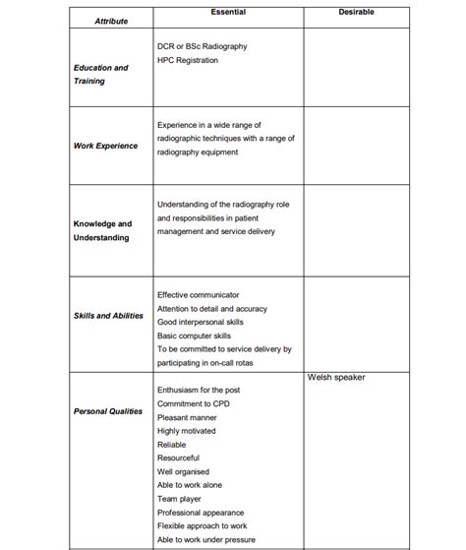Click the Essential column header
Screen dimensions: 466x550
pyautogui.click(x=228, y=12)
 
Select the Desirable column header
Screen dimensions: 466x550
pyautogui.click(x=356, y=12)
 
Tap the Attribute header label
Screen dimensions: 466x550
pyautogui.click(x=110, y=21)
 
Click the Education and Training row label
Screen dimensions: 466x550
pyautogui.click(x=100, y=75)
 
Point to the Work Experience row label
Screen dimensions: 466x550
pyautogui.click(x=105, y=146)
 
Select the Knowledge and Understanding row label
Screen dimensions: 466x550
pyautogui.click(x=102, y=230)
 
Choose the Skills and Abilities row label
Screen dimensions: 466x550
pyautogui.click(x=108, y=316)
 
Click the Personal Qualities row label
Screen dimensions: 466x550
pyautogui.click(x=108, y=411)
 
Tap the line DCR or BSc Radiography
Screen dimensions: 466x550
pyautogui.click(x=202, y=46)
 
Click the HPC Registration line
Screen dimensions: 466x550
pyautogui.click(x=188, y=61)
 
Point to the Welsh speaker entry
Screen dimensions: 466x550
pyautogui.click(x=336, y=377)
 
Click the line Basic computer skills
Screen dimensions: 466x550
pyautogui.click(x=194, y=336)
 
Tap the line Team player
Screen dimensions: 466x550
pyautogui.click(x=178, y=499)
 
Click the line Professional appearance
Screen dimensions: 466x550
pyautogui.click(x=201, y=513)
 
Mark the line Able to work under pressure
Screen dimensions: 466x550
pyautogui.click(x=205, y=539)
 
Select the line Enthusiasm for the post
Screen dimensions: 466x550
pyautogui.click(x=198, y=390)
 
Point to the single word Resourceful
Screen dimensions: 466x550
pyautogui.click(x=178, y=458)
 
